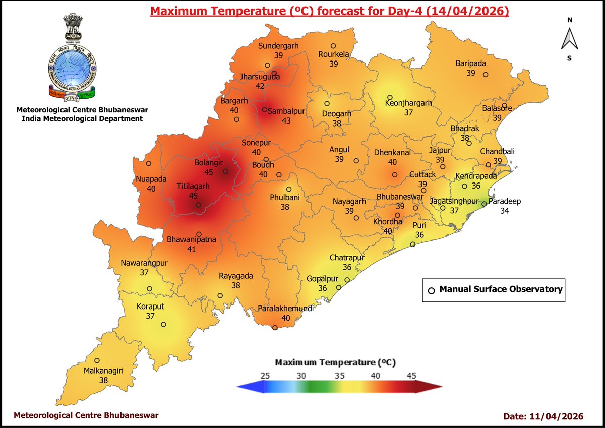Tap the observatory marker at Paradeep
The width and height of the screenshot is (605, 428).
[483, 204]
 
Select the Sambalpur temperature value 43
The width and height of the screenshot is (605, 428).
[286, 121]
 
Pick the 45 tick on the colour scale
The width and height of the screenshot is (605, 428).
[411, 375]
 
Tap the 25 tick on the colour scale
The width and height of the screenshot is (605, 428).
[266, 375]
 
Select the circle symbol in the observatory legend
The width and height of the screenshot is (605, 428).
[431, 290]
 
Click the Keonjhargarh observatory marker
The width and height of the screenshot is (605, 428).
[390, 98]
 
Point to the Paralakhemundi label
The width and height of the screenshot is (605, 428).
[285, 309]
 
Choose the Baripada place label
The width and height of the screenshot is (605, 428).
[470, 63]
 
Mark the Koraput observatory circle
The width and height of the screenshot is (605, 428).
[164, 325]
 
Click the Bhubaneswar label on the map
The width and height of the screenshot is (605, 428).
[400, 197]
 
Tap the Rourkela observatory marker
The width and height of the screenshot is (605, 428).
[333, 46]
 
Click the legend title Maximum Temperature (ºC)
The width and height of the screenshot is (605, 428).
[335, 362]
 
